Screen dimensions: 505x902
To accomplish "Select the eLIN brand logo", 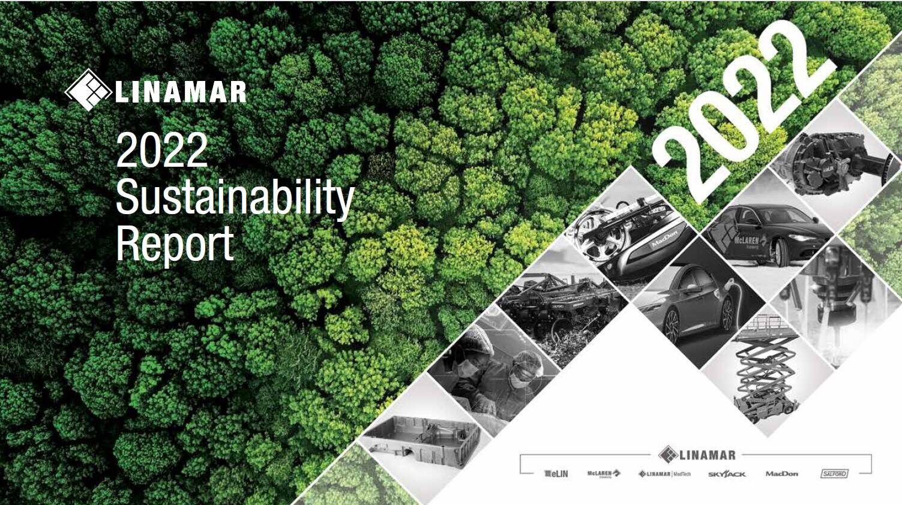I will click(x=556, y=474).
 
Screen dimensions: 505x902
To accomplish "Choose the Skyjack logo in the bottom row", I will click(x=726, y=474).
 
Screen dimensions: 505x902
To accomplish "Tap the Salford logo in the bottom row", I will click(x=834, y=474).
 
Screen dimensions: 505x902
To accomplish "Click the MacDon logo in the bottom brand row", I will click(x=781, y=474).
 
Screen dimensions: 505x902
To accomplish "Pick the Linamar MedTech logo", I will click(x=664, y=474).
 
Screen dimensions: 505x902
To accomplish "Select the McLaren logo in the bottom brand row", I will click(x=604, y=474).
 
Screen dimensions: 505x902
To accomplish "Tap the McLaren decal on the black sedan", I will click(x=744, y=240).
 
